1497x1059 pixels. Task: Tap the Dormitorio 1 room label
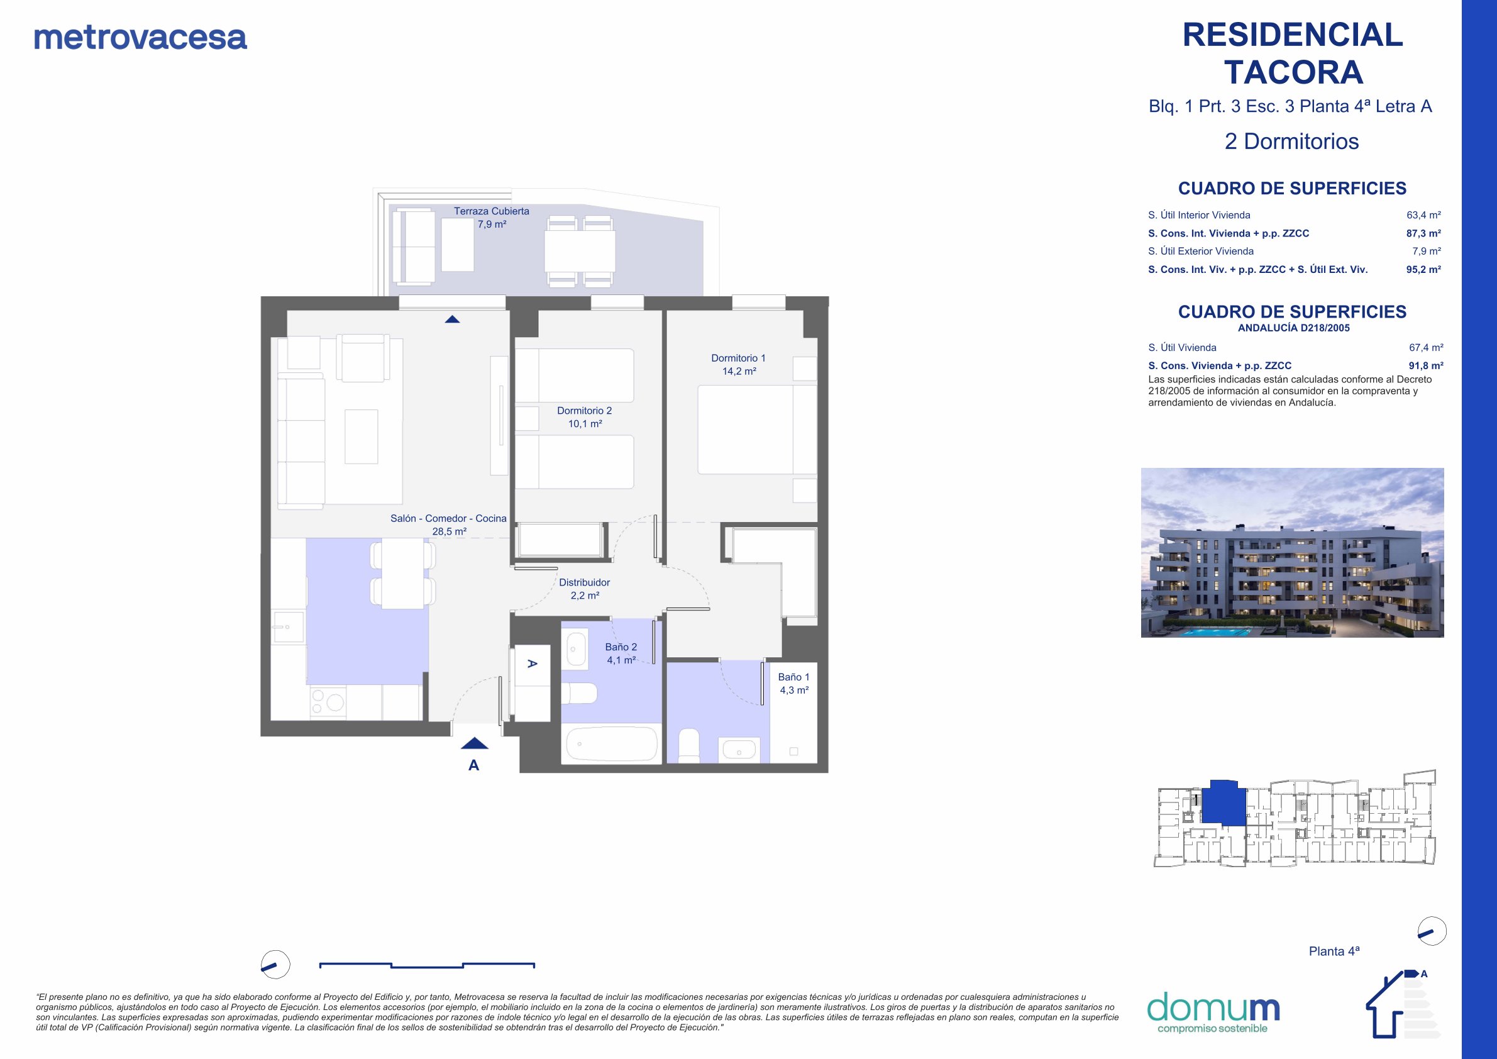point(738,365)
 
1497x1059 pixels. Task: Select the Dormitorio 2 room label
point(584,418)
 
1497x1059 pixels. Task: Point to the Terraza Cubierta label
point(492,218)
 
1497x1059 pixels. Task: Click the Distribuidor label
point(584,589)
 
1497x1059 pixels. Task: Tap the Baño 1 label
point(793,684)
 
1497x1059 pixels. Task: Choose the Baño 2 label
point(621,653)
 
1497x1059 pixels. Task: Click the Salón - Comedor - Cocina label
point(448,525)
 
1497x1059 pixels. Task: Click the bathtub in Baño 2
point(612,744)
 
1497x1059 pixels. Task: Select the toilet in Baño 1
point(689,746)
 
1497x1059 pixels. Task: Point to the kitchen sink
point(287,628)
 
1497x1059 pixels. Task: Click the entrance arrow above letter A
point(474,743)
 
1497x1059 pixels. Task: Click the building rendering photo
point(1292,552)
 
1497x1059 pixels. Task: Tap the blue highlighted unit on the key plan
point(1223,802)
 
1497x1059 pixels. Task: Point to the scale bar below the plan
point(427,965)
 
